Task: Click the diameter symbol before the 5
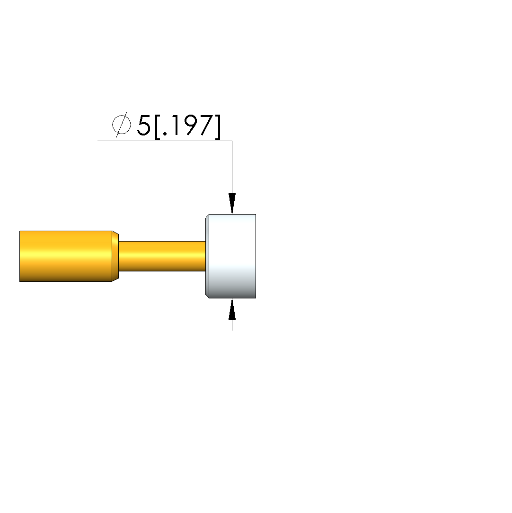122,125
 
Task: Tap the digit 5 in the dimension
143,125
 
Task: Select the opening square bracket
157,127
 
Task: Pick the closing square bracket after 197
218,127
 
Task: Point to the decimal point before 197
165,133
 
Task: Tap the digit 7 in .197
206,125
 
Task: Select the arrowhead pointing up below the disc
232,309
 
